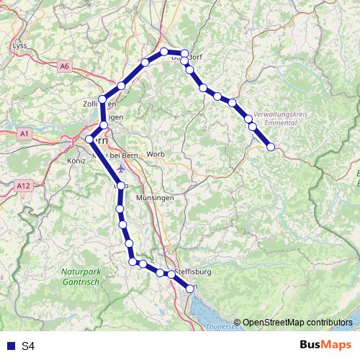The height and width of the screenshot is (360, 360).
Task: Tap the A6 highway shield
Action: pyautogui.click(x=65, y=66)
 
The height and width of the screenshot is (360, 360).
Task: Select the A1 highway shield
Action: pyautogui.click(x=24, y=134)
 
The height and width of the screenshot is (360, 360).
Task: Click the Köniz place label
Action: pyautogui.click(x=76, y=161)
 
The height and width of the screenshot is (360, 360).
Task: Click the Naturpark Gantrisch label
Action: pyautogui.click(x=81, y=276)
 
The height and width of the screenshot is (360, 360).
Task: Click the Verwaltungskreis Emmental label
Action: pyautogui.click(x=282, y=119)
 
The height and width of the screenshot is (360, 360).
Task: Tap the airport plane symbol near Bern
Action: pyautogui.click(x=120, y=168)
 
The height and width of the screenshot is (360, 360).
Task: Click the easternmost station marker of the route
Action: pyautogui.click(x=271, y=147)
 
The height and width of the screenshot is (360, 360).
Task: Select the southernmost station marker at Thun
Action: pyautogui.click(x=190, y=288)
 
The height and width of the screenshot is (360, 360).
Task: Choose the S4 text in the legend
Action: pyautogui.click(x=28, y=346)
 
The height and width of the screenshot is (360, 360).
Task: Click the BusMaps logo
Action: pyautogui.click(x=323, y=345)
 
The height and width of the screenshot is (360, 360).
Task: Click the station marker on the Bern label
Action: pyautogui.click(x=89, y=139)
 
